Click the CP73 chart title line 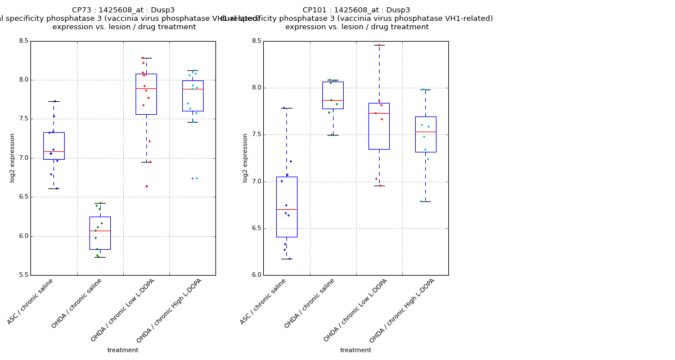pos(123,10)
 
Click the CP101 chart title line pos(356,10)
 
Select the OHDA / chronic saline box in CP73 pos(100,233)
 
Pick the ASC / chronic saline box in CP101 pos(287,206)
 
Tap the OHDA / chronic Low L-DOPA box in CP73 pos(146,94)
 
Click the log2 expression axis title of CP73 pos(12,157)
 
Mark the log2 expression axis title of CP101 pos(245,157)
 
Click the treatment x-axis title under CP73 pos(123,350)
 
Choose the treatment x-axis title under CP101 pos(355,350)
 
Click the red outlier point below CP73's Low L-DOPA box pos(147,186)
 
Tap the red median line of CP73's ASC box pos(54,151)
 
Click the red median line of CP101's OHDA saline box pos(333,100)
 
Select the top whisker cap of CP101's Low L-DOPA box pos(379,45)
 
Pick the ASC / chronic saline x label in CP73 pos(31,301)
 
